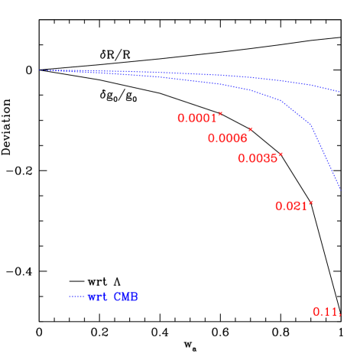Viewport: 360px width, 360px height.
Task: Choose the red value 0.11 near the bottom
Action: tap(325, 311)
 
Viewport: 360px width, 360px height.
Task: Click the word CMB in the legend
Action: tap(125, 297)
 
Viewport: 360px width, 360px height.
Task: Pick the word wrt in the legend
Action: tap(98, 297)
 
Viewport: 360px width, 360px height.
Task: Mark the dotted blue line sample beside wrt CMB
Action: tap(77, 297)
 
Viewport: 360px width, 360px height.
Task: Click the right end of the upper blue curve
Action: tap(340, 92)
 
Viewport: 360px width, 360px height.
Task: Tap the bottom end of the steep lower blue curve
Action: tap(340, 190)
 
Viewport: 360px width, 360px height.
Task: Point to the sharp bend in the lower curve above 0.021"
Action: tap(312, 125)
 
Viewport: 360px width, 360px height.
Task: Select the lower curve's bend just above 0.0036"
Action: tap(282, 101)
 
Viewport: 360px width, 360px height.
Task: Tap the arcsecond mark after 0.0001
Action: tap(220, 114)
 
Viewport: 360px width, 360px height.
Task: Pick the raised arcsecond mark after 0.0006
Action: tap(250, 131)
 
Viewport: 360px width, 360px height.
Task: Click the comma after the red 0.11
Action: tap(339, 314)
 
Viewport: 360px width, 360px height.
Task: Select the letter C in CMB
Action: tap(117, 297)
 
